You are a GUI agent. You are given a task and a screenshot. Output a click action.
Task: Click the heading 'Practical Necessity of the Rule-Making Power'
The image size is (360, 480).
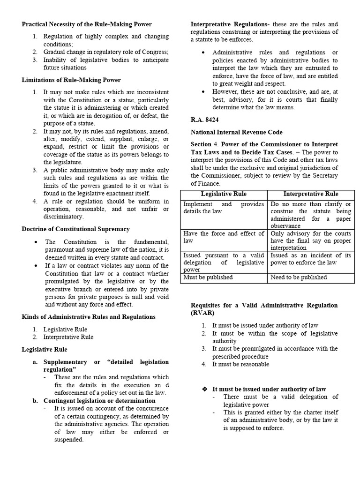87,24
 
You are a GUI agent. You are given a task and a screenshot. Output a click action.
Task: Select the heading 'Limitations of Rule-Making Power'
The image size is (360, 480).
71,80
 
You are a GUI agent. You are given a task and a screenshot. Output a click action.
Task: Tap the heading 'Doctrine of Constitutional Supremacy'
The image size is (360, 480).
76,229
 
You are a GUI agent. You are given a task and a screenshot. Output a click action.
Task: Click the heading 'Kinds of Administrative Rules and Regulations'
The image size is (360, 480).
89,317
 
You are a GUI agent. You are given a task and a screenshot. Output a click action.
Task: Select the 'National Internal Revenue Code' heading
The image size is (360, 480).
237,132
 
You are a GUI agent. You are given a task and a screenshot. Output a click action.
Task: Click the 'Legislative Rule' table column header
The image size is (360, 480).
224,194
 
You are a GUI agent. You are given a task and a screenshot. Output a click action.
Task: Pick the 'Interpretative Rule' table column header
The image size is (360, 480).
311,194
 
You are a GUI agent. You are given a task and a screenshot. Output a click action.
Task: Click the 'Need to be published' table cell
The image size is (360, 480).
299,277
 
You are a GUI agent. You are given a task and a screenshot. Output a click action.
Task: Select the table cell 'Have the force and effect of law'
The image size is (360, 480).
224,237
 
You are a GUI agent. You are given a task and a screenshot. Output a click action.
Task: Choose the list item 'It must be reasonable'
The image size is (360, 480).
240,364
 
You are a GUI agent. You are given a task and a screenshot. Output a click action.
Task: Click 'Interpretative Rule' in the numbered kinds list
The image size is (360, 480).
68,337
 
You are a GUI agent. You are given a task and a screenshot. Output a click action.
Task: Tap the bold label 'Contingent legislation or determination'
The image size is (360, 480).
99,401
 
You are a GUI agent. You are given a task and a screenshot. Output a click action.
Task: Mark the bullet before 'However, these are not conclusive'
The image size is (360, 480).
203,92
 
